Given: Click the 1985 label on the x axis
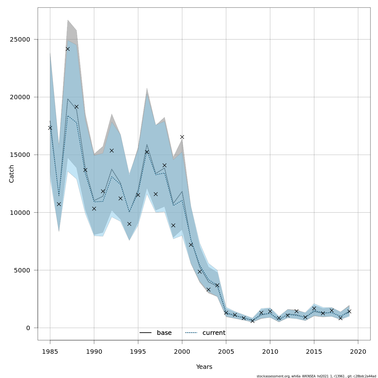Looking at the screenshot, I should [50, 352].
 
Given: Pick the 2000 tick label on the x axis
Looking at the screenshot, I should [182, 352].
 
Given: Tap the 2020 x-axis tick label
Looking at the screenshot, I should [358, 352].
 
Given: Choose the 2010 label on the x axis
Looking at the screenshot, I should [270, 352].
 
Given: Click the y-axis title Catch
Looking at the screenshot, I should [12, 174].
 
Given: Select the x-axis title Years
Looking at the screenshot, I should [204, 367].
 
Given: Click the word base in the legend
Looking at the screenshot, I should [164, 333].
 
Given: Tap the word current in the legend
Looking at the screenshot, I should [214, 333].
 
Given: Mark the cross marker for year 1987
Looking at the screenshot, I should [68, 49].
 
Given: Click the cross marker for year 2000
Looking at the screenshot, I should [182, 137].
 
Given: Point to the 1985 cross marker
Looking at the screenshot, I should [50, 128].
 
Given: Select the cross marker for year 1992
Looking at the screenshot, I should [112, 151].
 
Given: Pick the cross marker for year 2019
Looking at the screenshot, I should [349, 311].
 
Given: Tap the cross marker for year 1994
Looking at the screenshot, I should [129, 224].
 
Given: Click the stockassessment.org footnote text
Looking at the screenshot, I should [316, 376].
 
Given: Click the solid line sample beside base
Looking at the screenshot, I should [146, 333].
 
